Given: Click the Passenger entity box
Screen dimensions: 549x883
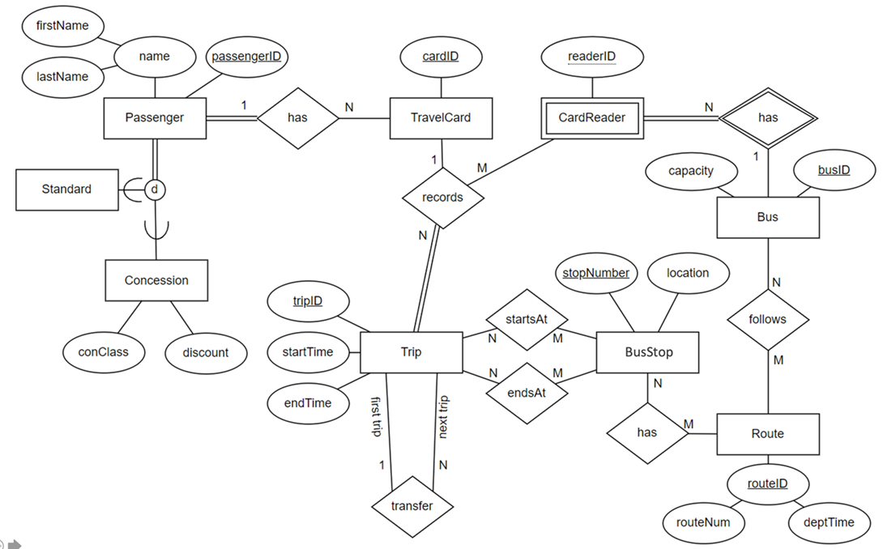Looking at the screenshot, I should pyautogui.click(x=155, y=117).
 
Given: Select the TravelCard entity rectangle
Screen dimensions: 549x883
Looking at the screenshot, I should pyautogui.click(x=441, y=117).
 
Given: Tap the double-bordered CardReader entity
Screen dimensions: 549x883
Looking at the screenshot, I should pyautogui.click(x=592, y=117).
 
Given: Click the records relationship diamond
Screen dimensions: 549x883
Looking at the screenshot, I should pyautogui.click(x=442, y=197).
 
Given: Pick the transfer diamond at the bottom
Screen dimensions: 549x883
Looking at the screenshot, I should pyautogui.click(x=412, y=506).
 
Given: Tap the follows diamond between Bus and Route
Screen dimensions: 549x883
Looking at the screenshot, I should pyautogui.click(x=767, y=319).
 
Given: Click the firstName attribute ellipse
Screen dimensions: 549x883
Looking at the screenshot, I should pyautogui.click(x=62, y=26).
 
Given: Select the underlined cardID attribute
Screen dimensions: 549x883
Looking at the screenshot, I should pyautogui.click(x=441, y=57).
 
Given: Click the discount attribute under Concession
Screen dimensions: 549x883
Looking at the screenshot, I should pyautogui.click(x=206, y=352).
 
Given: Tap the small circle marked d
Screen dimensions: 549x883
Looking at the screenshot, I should pyautogui.click(x=155, y=189).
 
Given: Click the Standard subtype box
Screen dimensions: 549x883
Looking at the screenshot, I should pyautogui.click(x=67, y=189).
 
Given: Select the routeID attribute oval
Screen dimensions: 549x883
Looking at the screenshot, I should pyautogui.click(x=767, y=484).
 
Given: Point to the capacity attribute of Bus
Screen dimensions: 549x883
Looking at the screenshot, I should pyautogui.click(x=691, y=171).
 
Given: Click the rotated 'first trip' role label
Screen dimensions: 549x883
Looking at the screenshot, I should pyautogui.click(x=376, y=418).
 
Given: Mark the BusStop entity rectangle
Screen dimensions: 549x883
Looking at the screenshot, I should pyautogui.click(x=647, y=352).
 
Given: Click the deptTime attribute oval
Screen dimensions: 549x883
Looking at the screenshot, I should pyautogui.click(x=828, y=522).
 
